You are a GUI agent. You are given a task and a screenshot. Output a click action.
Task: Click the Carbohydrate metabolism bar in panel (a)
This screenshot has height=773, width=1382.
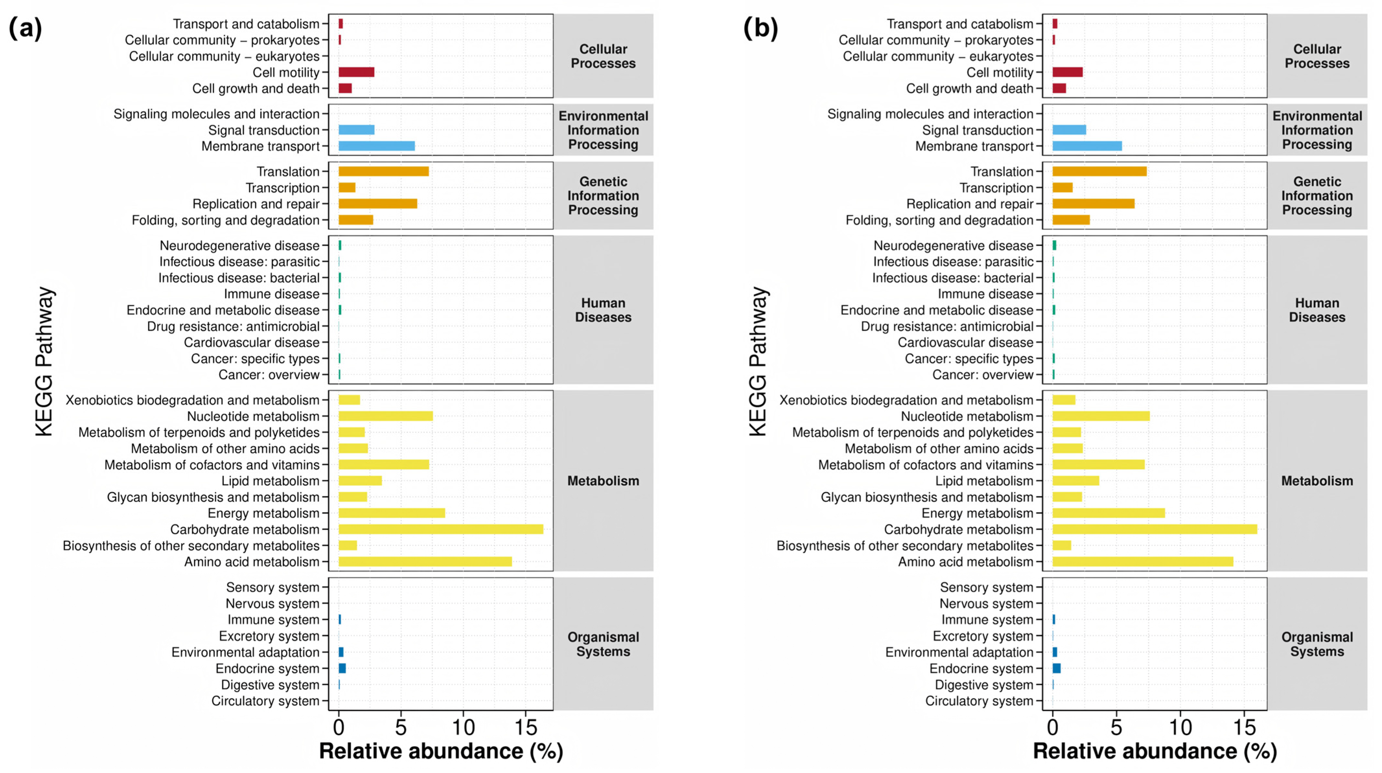click(441, 529)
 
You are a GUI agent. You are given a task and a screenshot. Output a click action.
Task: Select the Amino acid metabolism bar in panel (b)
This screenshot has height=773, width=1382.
click(1143, 562)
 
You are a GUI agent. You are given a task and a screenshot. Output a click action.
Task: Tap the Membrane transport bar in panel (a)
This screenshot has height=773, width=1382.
click(377, 146)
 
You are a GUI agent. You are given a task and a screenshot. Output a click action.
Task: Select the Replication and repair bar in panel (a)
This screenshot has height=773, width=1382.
click(378, 204)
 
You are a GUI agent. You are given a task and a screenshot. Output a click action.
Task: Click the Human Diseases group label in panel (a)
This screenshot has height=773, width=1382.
click(603, 310)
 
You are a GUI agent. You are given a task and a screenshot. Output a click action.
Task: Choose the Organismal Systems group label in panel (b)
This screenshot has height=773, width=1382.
click(1317, 644)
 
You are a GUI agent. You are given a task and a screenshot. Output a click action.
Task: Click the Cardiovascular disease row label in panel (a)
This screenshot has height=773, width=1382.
click(252, 342)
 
